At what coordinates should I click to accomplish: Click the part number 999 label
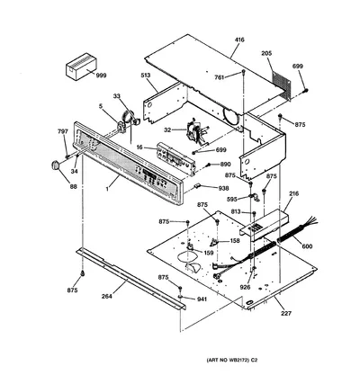(x=101, y=76)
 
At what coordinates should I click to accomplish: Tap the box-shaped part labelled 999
(x=81, y=67)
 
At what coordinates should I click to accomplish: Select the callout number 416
(x=239, y=40)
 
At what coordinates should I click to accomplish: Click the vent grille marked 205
(x=282, y=86)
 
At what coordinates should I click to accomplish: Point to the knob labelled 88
(x=54, y=165)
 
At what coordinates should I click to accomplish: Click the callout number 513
(x=146, y=75)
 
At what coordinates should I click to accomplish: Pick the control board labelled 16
(x=175, y=158)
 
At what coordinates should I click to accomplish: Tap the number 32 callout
(x=167, y=130)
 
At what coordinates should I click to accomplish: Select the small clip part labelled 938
(x=197, y=186)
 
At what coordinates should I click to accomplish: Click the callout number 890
(x=225, y=164)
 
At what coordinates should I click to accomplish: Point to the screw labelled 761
(x=243, y=72)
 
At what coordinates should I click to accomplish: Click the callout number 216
(x=293, y=193)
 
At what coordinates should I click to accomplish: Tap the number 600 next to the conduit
(x=307, y=246)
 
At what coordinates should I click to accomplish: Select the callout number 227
(x=286, y=314)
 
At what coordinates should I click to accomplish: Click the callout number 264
(x=106, y=296)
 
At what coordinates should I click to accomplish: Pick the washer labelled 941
(x=181, y=297)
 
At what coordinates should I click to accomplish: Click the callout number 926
(x=245, y=287)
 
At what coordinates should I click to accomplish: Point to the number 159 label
(x=209, y=253)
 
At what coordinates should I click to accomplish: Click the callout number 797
(x=63, y=131)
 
